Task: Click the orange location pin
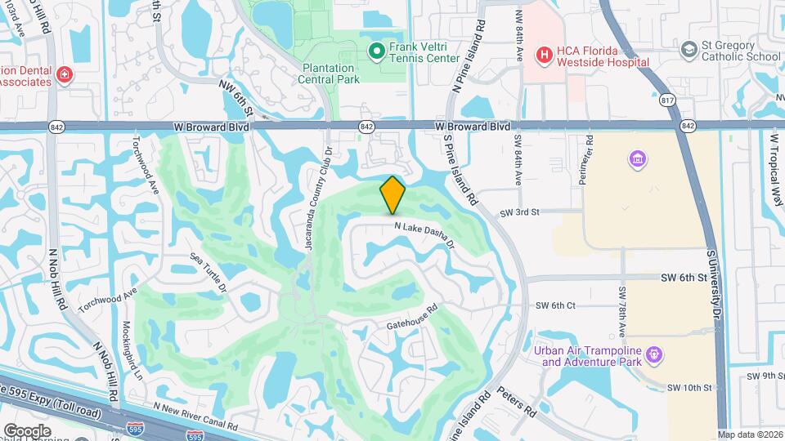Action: pos(392,194)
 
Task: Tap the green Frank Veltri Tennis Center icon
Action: pos(377,52)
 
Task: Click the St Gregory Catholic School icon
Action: pos(689,51)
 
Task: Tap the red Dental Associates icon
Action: pos(64,75)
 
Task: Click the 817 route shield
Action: pos(669,100)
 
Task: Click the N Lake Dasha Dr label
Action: pos(424,234)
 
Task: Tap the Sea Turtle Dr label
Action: pos(208,271)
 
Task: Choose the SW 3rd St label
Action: pos(520,212)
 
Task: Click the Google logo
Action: pos(27,430)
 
